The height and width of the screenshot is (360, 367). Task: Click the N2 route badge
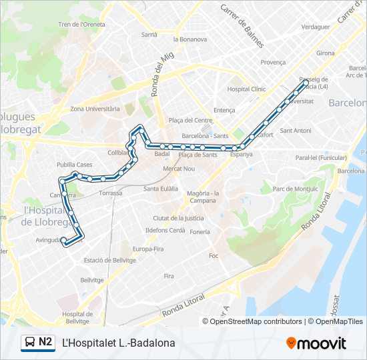(x=37, y=343)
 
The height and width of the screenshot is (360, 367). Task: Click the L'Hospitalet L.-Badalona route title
(x=118, y=343)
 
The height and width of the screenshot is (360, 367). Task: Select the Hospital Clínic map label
(x=246, y=89)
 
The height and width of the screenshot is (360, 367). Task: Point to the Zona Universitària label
(x=95, y=108)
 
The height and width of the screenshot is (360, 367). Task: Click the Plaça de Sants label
(x=198, y=155)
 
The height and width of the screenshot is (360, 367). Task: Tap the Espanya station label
(x=241, y=154)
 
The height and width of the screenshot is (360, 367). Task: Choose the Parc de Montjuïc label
(x=296, y=189)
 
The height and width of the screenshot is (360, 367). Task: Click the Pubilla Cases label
(x=75, y=164)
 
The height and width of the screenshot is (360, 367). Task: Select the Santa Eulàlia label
(x=160, y=189)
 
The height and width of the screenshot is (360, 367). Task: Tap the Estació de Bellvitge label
(x=110, y=260)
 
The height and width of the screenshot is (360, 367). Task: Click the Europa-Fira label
(x=148, y=249)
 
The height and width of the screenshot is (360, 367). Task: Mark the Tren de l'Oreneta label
(x=82, y=25)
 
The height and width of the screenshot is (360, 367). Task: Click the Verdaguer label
(x=316, y=27)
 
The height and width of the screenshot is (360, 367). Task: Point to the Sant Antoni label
(x=296, y=130)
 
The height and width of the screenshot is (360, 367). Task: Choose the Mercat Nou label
(x=179, y=169)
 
